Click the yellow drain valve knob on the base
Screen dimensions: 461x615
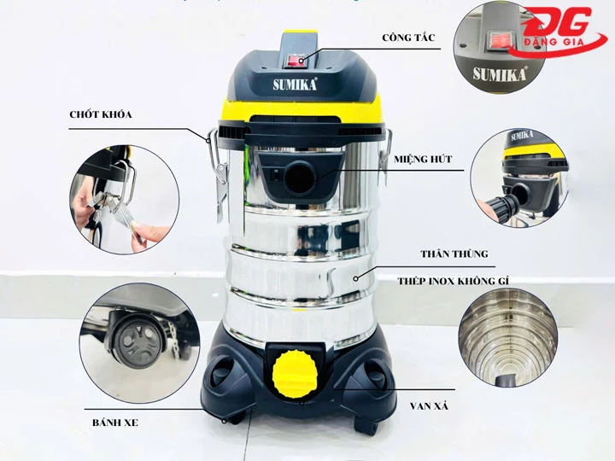point(294,371)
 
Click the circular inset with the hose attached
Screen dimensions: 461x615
point(520,175)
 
